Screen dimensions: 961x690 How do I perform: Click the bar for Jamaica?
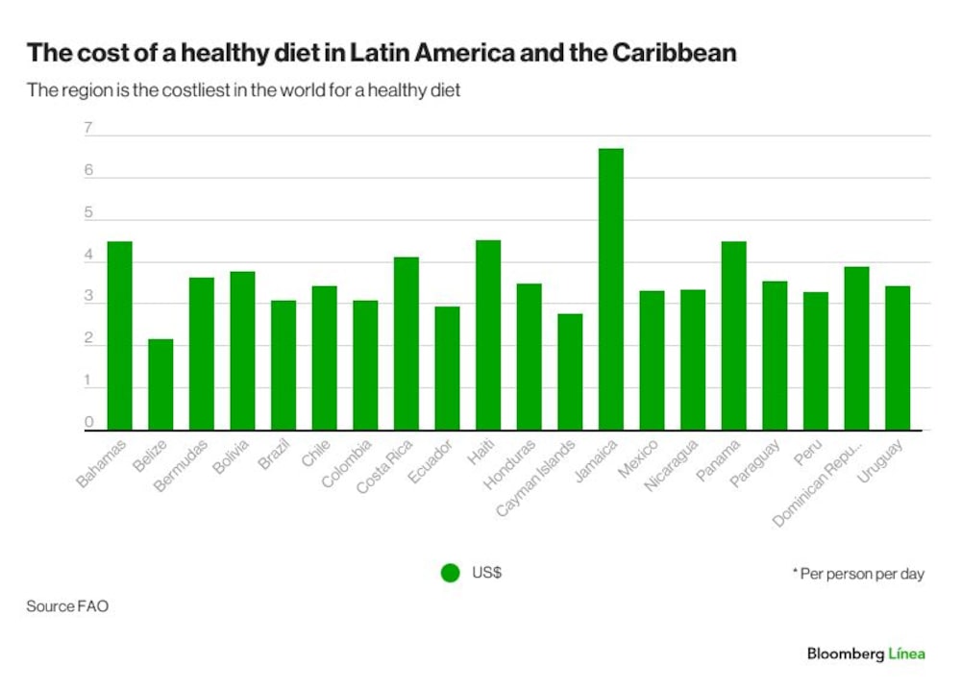(611, 289)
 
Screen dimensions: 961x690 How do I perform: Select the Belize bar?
(160, 384)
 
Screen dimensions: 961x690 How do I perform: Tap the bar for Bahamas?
(119, 335)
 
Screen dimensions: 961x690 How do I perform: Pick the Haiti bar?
(488, 335)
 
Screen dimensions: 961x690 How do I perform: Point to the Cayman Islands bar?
(570, 372)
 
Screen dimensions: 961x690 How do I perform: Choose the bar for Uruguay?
(898, 358)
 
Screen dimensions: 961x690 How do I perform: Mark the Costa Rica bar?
(407, 344)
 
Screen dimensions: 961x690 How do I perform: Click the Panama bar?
(733, 335)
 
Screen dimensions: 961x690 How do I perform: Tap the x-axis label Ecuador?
(430, 461)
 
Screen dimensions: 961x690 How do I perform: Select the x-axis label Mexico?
(638, 458)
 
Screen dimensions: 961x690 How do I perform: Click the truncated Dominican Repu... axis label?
(818, 483)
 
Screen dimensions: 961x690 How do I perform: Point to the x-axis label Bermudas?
(181, 466)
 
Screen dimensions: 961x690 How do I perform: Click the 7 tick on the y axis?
(88, 128)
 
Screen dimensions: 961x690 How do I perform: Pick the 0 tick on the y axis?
(88, 422)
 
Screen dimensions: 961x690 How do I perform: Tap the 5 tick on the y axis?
(88, 212)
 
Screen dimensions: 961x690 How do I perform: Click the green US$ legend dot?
(451, 573)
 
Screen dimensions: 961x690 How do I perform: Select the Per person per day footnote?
(858, 574)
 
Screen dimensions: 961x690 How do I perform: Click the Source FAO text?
(67, 606)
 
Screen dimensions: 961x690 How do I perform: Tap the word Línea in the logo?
(906, 653)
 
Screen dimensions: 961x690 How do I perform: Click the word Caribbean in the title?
(675, 53)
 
